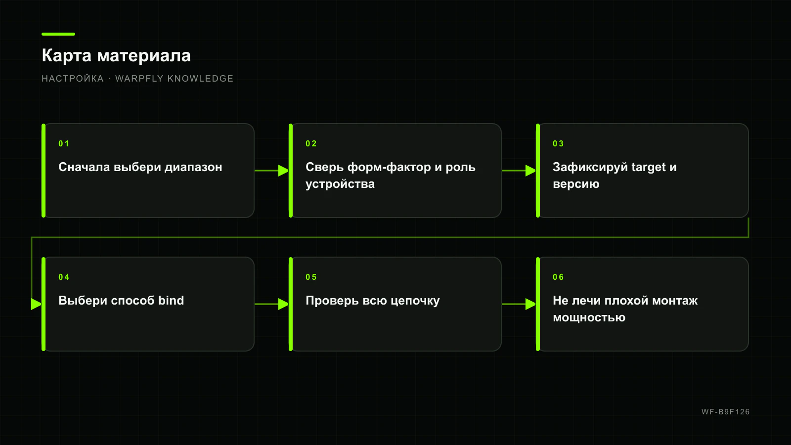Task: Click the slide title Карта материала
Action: click(116, 56)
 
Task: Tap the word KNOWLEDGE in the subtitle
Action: click(200, 79)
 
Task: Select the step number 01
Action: click(64, 144)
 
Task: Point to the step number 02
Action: click(311, 144)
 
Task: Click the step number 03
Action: click(558, 144)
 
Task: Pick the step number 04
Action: click(64, 277)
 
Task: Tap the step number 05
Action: click(311, 277)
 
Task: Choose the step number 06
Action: click(558, 277)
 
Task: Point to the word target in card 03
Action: click(648, 168)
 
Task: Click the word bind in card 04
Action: click(171, 300)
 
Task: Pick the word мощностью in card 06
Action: click(589, 318)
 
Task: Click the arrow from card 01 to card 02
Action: click(271, 171)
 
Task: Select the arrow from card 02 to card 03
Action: click(519, 171)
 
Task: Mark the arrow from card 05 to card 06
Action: click(519, 304)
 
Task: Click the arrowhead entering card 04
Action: click(37, 304)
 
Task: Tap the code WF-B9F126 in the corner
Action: click(725, 412)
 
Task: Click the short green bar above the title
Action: click(58, 34)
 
